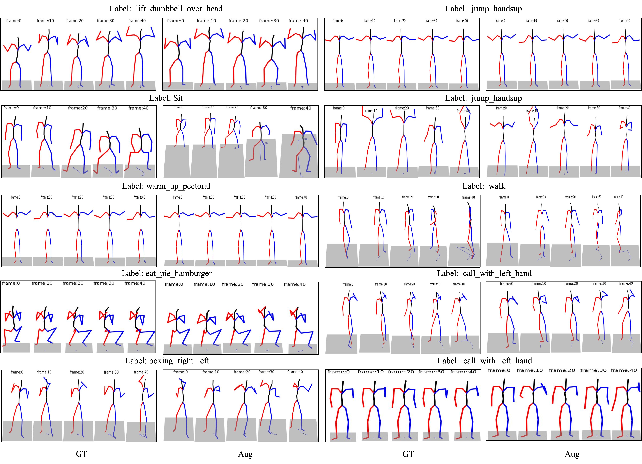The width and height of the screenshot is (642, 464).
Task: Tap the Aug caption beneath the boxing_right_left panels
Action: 245,454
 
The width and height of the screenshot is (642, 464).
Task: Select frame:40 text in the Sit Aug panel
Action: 301,108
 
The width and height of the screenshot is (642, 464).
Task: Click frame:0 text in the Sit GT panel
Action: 11,108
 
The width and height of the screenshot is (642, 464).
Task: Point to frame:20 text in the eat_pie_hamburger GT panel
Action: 73,283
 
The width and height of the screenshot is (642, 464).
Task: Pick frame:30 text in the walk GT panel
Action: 433,197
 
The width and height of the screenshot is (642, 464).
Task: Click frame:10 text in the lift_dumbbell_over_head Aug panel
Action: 206,21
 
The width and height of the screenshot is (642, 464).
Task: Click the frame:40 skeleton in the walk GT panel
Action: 470,232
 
